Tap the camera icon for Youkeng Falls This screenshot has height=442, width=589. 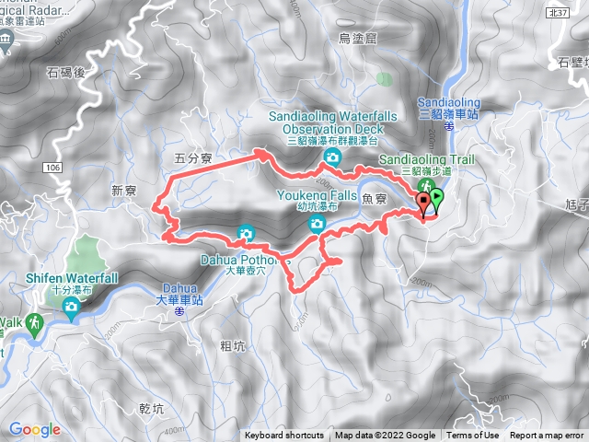click(316, 223)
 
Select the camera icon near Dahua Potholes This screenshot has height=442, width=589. click(245, 233)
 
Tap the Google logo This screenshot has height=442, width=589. click(34, 429)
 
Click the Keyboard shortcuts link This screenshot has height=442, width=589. click(283, 436)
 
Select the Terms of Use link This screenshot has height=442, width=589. click(473, 436)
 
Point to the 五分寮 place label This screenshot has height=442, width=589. click(193, 159)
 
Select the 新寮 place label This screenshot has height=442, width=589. click(124, 191)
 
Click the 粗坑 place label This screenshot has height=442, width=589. click(233, 346)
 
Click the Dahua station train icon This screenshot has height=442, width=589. click(179, 312)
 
